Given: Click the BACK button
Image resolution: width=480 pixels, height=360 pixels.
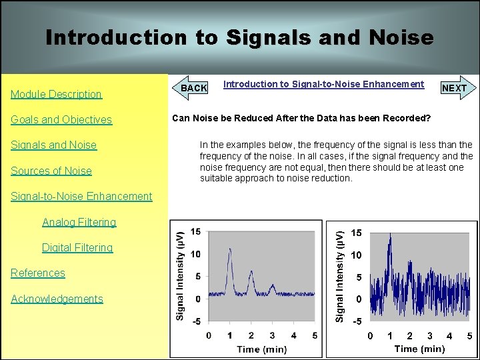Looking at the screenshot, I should pyautogui.click(x=194, y=87).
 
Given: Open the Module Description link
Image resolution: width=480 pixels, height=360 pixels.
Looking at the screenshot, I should pyautogui.click(x=56, y=94).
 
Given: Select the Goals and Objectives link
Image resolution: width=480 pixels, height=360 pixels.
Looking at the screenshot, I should pyautogui.click(x=61, y=119).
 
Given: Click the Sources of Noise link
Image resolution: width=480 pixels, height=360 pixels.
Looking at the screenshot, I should pyautogui.click(x=51, y=171).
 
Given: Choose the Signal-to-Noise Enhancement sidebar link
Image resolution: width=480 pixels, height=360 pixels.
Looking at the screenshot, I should pyautogui.click(x=81, y=196).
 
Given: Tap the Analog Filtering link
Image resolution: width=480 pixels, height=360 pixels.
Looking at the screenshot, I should pyautogui.click(x=79, y=222).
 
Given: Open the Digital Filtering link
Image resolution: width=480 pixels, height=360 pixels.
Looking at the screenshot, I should pyautogui.click(x=77, y=247).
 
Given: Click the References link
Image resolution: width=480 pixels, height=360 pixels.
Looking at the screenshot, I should pyautogui.click(x=38, y=273).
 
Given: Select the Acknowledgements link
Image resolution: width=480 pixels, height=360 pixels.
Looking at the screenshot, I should pyautogui.click(x=57, y=299).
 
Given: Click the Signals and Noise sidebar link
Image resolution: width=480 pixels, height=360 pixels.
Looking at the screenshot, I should pyautogui.click(x=53, y=145).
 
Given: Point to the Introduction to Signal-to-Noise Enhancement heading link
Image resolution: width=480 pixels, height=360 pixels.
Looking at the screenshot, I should pyautogui.click(x=323, y=84).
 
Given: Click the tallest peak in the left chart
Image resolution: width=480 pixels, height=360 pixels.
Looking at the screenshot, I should pyautogui.click(x=229, y=251).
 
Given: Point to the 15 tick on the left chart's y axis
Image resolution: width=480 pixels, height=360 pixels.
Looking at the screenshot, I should pyautogui.click(x=195, y=231).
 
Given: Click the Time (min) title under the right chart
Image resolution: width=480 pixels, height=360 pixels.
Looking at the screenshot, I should pyautogui.click(x=419, y=349).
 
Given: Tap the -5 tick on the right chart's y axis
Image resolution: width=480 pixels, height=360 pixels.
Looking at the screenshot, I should pyautogui.click(x=357, y=321).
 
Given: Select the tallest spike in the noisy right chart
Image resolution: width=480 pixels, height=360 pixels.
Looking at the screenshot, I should pyautogui.click(x=390, y=235).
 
